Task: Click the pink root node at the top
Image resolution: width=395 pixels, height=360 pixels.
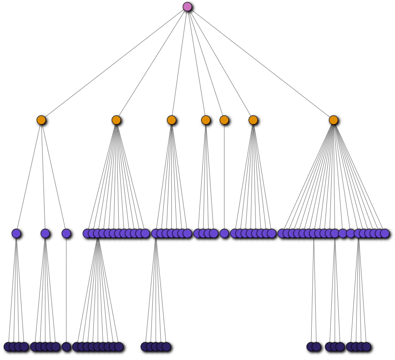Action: click(187, 7)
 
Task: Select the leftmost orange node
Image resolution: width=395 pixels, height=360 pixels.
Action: click(41, 120)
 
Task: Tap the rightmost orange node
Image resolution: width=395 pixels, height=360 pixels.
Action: click(333, 120)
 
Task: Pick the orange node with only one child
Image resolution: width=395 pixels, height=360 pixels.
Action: click(224, 120)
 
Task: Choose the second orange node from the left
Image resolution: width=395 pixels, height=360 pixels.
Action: click(116, 120)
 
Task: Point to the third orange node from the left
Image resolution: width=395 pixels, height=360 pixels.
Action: click(171, 120)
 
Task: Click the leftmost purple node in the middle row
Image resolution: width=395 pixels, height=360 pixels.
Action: click(16, 233)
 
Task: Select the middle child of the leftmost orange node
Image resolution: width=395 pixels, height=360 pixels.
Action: click(45, 233)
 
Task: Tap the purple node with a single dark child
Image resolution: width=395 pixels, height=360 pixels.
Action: click(66, 233)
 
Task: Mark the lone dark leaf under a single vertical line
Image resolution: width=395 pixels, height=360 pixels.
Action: click(66, 347)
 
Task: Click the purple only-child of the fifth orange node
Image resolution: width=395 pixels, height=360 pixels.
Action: click(224, 233)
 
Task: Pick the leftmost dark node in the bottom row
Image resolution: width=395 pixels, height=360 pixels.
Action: click(8, 347)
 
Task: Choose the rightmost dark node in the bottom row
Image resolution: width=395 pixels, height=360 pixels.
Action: click(366, 347)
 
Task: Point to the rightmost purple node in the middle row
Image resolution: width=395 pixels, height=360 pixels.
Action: click(385, 233)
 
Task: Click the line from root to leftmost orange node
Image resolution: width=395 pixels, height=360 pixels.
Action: click(114, 63)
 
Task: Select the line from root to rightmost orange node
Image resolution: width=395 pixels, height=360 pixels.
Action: click(260, 63)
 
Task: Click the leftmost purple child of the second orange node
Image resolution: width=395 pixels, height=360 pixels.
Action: click(87, 233)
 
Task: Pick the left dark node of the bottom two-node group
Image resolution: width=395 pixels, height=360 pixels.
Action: click(311, 347)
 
